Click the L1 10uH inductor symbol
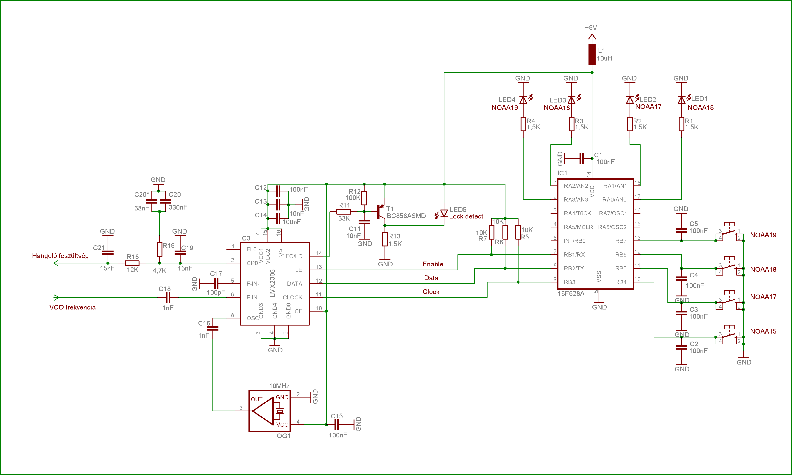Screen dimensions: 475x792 [x=592, y=54]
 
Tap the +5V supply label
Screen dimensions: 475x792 [x=591, y=28]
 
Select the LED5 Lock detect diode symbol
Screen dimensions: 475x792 [x=444, y=213]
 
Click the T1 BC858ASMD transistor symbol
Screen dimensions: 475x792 [x=381, y=212]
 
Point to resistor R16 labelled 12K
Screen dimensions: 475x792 [x=132, y=263]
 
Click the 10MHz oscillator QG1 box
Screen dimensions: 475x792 [x=270, y=411]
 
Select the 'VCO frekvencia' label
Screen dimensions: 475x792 [x=72, y=307]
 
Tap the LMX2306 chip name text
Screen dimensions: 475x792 [x=272, y=283]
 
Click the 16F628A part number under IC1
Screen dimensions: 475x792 [x=571, y=293]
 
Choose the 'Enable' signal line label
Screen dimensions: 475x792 [x=433, y=264]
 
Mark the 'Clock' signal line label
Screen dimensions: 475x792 [x=431, y=292]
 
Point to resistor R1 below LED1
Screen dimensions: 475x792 [x=681, y=124]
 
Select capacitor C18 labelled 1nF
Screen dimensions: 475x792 [x=168, y=297]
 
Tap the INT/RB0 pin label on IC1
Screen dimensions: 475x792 [x=574, y=241]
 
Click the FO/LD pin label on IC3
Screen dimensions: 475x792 [x=294, y=256]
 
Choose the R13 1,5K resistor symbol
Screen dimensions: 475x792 [x=385, y=239]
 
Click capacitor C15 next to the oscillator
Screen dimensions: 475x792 [x=336, y=425]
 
